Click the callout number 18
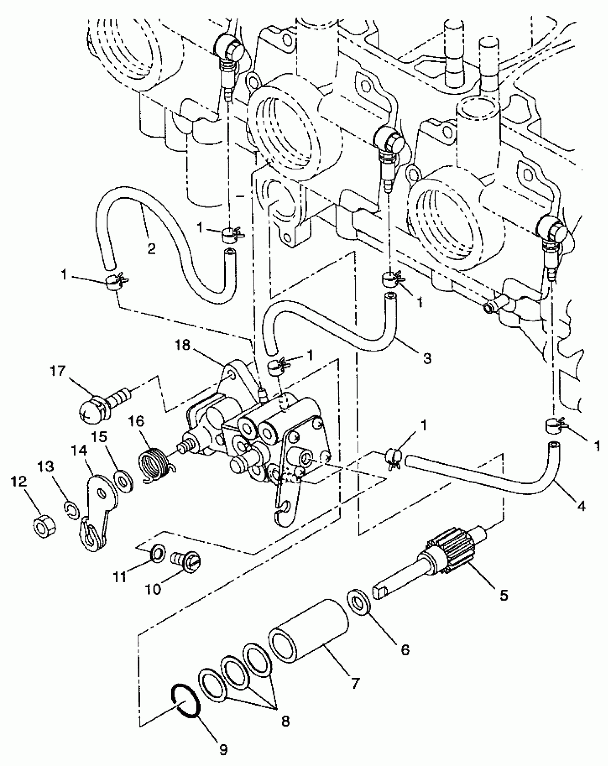(183, 346)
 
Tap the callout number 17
(58, 371)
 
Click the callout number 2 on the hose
(151, 249)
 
